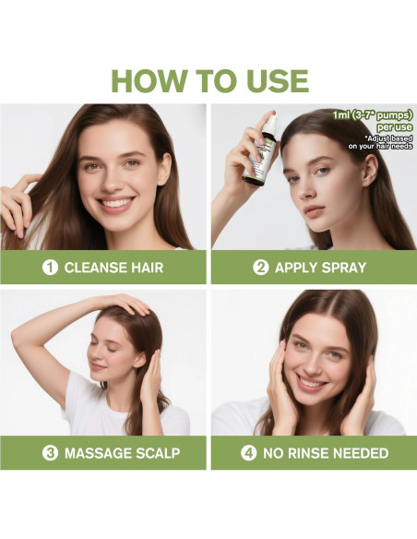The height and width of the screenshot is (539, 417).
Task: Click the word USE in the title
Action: [270, 79]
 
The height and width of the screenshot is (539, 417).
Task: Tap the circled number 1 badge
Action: [51, 268]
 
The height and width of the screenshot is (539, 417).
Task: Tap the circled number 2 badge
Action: [261, 268]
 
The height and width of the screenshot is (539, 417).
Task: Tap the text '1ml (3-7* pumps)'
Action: [373, 115]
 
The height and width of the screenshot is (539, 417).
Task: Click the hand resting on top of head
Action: [125, 305]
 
